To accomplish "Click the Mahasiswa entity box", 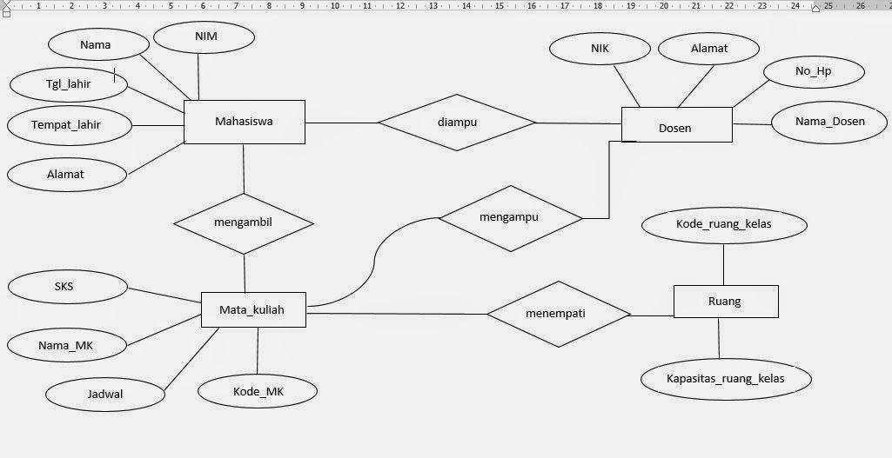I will (x=245, y=122).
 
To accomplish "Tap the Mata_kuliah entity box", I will (x=253, y=309).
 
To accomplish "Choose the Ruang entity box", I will (x=726, y=302).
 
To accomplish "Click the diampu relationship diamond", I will (x=457, y=123).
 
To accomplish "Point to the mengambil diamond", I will (x=243, y=222).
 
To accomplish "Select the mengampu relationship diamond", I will (x=509, y=218).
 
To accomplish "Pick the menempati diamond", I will (x=559, y=314).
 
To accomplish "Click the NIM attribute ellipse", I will (x=204, y=37).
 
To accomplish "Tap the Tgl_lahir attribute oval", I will (x=69, y=84).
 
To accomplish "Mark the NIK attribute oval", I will (x=600, y=49).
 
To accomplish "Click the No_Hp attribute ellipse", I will (x=813, y=71).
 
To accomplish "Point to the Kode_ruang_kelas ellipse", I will (x=724, y=224).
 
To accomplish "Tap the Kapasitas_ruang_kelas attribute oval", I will (x=726, y=379).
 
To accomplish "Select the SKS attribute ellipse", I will (x=65, y=287).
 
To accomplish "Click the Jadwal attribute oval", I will (x=105, y=395).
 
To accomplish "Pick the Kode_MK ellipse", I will (x=258, y=392).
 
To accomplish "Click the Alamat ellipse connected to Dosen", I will (x=709, y=49).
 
